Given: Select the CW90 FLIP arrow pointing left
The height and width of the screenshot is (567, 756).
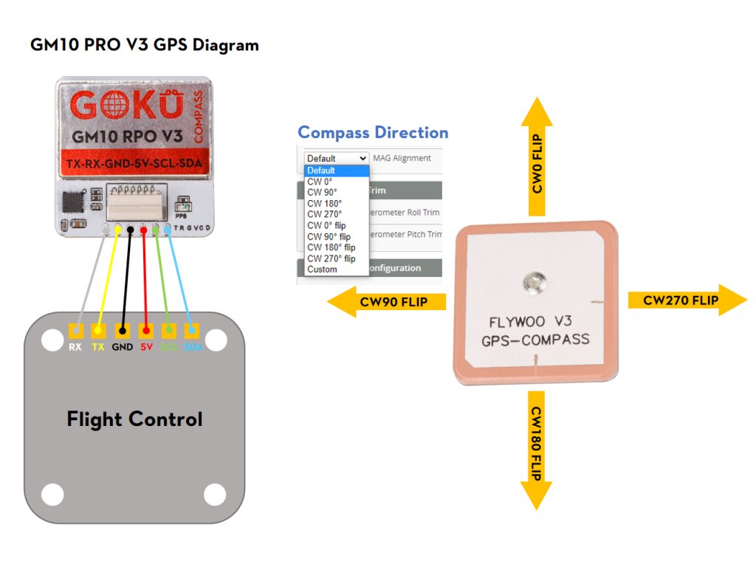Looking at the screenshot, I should point(387,301).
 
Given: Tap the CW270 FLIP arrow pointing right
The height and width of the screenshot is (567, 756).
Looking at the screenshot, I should point(687,300).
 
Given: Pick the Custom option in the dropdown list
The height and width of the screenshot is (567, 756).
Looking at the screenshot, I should point(322,269).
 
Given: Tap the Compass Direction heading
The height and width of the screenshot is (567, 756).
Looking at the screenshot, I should point(373,132).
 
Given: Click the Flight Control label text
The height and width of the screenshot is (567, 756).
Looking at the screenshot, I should point(134,419).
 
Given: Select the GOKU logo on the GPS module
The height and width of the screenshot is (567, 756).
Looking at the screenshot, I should point(126,106).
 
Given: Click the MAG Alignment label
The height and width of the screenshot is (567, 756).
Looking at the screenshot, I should point(402,158).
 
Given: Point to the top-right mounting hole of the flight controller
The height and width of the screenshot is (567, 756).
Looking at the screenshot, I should point(216,340).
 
